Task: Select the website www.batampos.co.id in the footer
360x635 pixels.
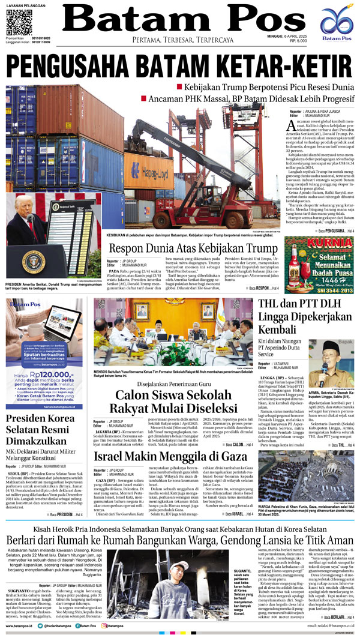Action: [x=23, y=625]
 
